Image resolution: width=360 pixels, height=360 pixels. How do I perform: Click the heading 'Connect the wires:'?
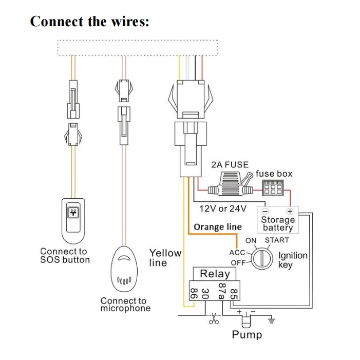pos(90,22)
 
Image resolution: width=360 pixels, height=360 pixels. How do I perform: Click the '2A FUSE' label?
pos(230,165)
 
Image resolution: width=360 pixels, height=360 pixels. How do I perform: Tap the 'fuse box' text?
pos(274,174)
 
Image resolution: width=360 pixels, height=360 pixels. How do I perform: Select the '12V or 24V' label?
pos(223,209)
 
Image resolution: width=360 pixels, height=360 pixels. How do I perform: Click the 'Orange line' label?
pos(218,227)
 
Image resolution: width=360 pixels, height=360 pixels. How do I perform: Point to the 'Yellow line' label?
pos(165,258)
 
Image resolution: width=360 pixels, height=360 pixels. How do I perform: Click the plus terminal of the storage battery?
pos(290,211)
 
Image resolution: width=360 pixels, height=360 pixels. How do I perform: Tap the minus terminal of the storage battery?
pos(265,211)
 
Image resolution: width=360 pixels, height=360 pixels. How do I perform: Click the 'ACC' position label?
pos(237,252)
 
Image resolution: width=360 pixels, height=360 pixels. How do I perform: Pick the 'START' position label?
pos(277,240)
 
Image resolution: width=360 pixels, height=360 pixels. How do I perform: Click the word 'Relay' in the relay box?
pos(215,274)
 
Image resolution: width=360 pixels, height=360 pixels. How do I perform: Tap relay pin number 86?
pos(194,294)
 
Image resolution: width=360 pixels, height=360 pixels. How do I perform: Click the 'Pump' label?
pos(247,335)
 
